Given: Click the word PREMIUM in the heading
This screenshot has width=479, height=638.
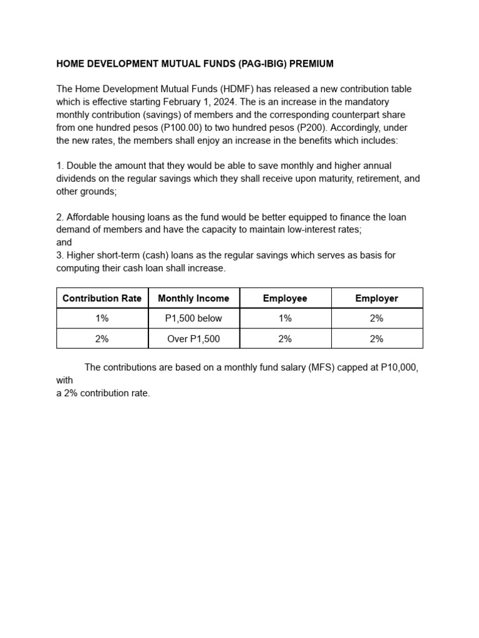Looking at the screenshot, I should coord(309,64).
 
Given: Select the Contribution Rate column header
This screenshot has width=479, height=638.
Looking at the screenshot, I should coord(102,298).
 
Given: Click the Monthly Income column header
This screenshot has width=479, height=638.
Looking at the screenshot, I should coord(193,298).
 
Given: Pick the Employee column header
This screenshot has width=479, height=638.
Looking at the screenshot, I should coord(285,298).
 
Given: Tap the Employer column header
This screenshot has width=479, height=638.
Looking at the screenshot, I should coord(377,298).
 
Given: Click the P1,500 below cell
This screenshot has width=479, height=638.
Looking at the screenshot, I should coord(193,318).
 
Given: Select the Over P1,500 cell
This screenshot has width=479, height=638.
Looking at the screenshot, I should coord(193,339).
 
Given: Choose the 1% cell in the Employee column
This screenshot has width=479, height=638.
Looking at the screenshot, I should coord(285,318).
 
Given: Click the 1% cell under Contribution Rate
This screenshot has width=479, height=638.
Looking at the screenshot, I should coord(102,318).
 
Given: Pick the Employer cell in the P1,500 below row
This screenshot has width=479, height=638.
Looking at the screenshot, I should coord(377,318).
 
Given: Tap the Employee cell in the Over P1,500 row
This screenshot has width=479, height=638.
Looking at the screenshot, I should coord(285,339).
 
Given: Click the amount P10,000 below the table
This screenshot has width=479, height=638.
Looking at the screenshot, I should coord(399,368).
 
